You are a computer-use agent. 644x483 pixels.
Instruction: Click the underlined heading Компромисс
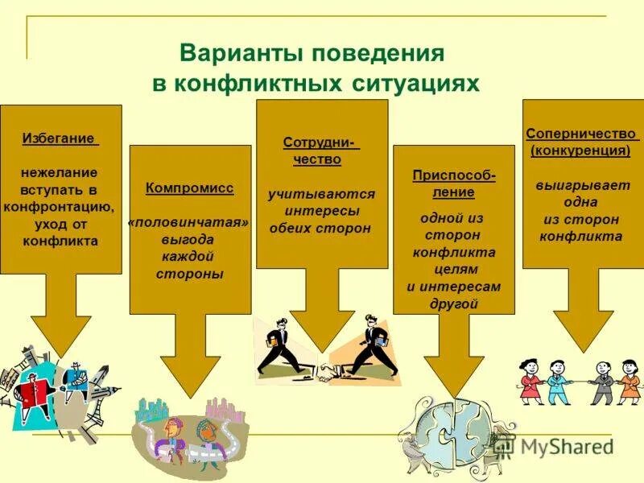tap(190, 188)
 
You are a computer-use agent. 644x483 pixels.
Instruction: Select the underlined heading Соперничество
tap(581, 133)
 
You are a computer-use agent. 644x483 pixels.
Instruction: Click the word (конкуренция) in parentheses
tap(580, 150)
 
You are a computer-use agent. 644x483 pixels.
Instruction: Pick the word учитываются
tap(321, 194)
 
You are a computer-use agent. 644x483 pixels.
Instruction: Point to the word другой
tap(453, 303)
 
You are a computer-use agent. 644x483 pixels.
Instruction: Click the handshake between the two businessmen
tap(329, 373)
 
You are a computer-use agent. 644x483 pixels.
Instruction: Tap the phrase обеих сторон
tap(320, 228)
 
